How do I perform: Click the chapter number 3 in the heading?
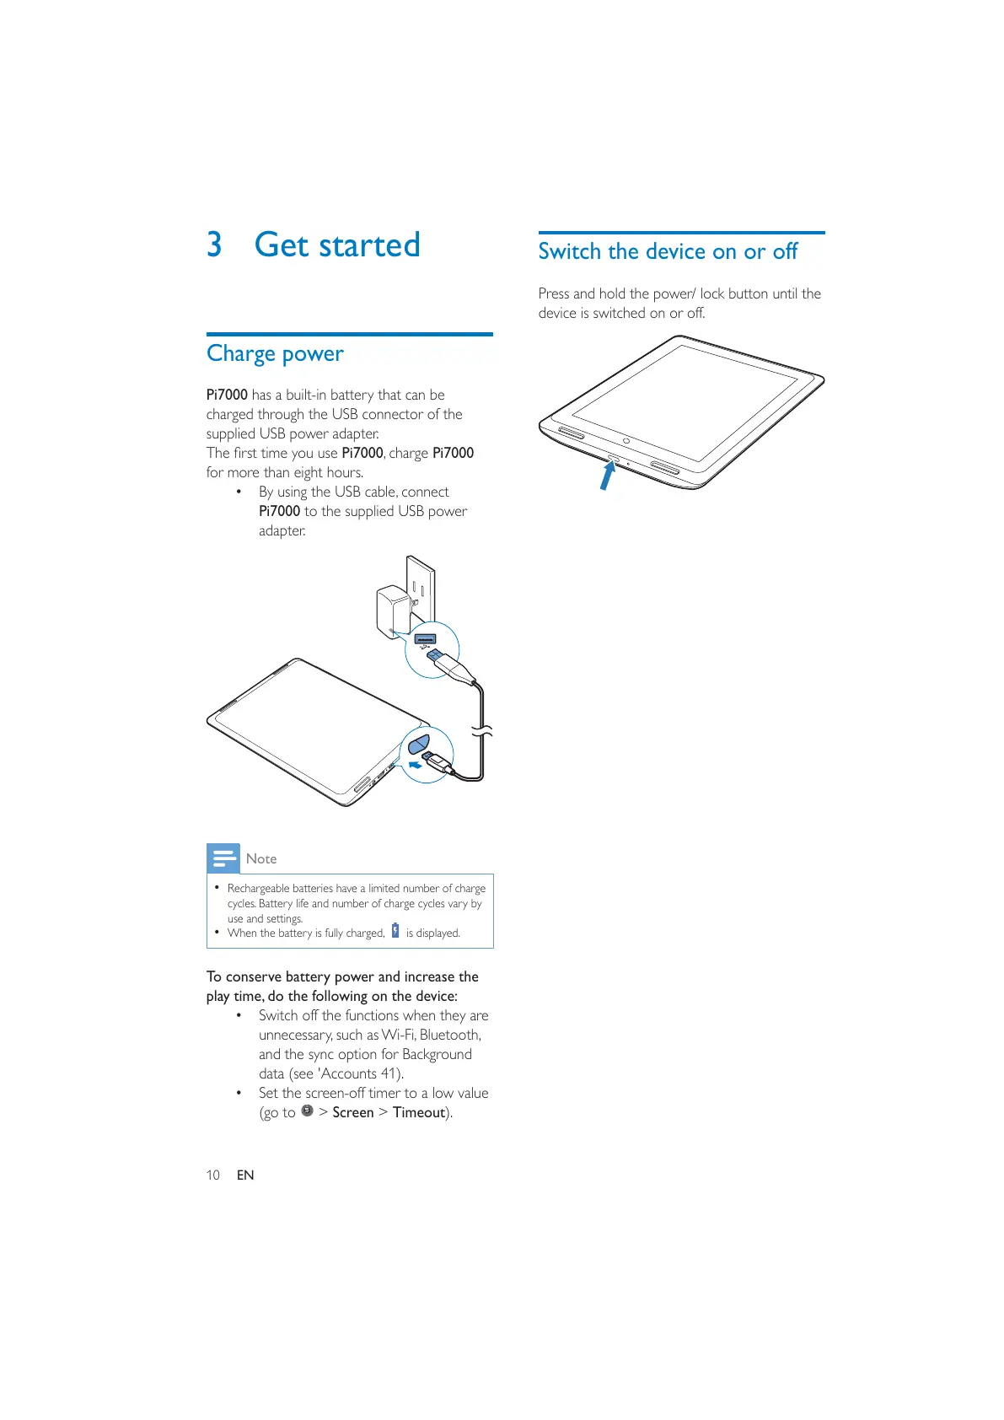click(x=214, y=245)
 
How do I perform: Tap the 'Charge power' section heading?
click(x=275, y=353)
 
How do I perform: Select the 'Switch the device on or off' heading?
click(x=668, y=251)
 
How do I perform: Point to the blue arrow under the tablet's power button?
click(x=607, y=476)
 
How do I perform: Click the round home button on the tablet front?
click(x=626, y=441)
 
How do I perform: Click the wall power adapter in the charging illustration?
click(x=392, y=609)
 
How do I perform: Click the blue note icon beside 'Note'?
click(x=223, y=858)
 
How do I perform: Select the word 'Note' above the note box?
click(x=261, y=858)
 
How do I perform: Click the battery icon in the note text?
click(x=395, y=931)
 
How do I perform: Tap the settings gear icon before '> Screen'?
click(x=307, y=1111)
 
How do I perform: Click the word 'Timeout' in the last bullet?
click(x=419, y=1112)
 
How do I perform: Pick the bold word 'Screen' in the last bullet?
click(x=352, y=1112)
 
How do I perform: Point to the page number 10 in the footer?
click(x=213, y=1175)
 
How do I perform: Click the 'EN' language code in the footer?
click(x=245, y=1175)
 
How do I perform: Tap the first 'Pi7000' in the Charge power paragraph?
click(x=227, y=395)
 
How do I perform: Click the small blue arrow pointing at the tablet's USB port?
click(x=414, y=765)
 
